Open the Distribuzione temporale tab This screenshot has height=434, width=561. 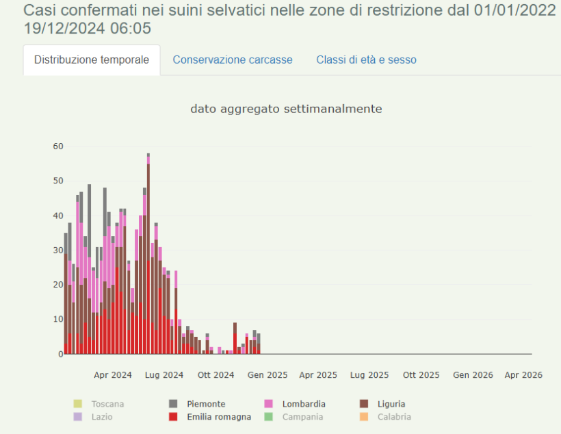[x=92, y=60]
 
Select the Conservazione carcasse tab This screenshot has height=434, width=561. [x=233, y=60]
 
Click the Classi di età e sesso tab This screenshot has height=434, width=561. [x=366, y=60]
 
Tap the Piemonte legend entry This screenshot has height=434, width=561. [x=206, y=404]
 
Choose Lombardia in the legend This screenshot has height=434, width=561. [x=303, y=404]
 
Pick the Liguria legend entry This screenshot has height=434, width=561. [x=391, y=404]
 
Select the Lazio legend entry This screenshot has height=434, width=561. [x=101, y=416]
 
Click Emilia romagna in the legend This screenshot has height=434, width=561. [x=218, y=416]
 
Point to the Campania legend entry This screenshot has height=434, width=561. [x=302, y=416]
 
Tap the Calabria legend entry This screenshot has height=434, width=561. [x=393, y=416]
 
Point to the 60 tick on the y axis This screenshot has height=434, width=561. [x=58, y=146]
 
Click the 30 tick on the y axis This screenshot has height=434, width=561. [x=58, y=250]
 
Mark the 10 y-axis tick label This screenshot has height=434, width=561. [x=58, y=319]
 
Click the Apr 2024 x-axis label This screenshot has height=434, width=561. [x=113, y=375]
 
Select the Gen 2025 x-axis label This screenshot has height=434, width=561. [x=268, y=375]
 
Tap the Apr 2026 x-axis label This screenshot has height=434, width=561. [x=523, y=375]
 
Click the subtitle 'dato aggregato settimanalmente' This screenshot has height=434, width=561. [x=286, y=109]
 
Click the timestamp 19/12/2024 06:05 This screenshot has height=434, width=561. [x=87, y=29]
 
